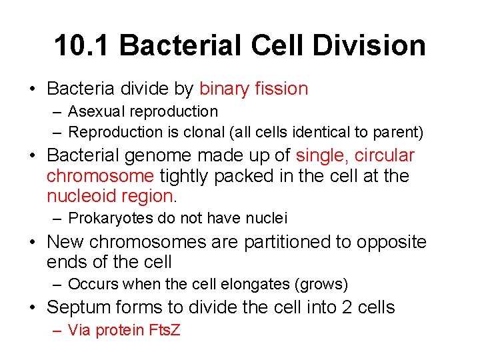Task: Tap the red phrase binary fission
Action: (x=253, y=89)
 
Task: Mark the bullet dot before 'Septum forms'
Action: (x=34, y=308)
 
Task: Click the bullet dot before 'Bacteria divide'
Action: (x=34, y=89)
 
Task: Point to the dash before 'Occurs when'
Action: (x=58, y=285)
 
